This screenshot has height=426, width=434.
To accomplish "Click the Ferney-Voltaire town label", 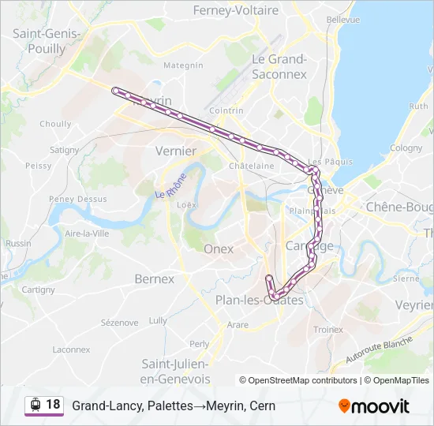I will point(236,11).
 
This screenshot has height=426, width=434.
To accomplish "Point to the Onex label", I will point(219,248).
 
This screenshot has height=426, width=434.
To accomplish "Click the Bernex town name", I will point(154,278).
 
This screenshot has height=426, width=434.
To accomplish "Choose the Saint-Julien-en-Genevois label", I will point(175,371).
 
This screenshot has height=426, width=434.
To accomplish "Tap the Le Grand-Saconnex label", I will point(279,66).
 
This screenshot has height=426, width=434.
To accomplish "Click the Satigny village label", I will point(64,150).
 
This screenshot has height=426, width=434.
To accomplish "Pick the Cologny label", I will point(406,148).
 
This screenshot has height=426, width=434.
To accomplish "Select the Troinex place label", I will point(328,330).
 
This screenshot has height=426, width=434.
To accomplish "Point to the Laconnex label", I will point(71,349).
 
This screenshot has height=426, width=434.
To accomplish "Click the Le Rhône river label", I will point(170,185).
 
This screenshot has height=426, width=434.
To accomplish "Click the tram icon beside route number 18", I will point(35,405).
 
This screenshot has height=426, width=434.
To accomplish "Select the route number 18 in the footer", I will point(53,405).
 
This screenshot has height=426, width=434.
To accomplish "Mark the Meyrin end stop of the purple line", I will point(115,90).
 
